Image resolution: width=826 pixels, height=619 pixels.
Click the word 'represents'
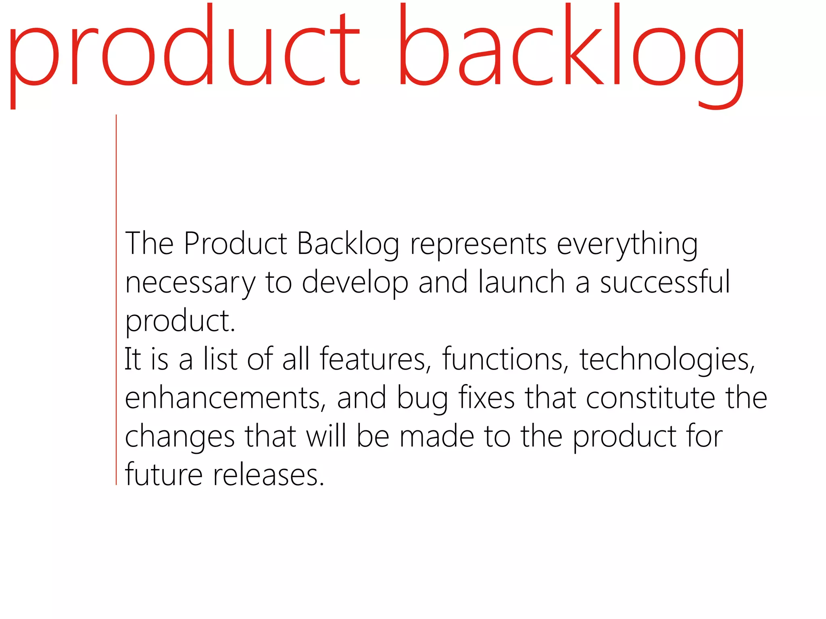pyautogui.click(x=478, y=244)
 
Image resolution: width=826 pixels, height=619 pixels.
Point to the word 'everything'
pyautogui.click(x=627, y=244)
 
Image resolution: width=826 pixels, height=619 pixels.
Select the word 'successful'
pyautogui.click(x=665, y=282)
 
